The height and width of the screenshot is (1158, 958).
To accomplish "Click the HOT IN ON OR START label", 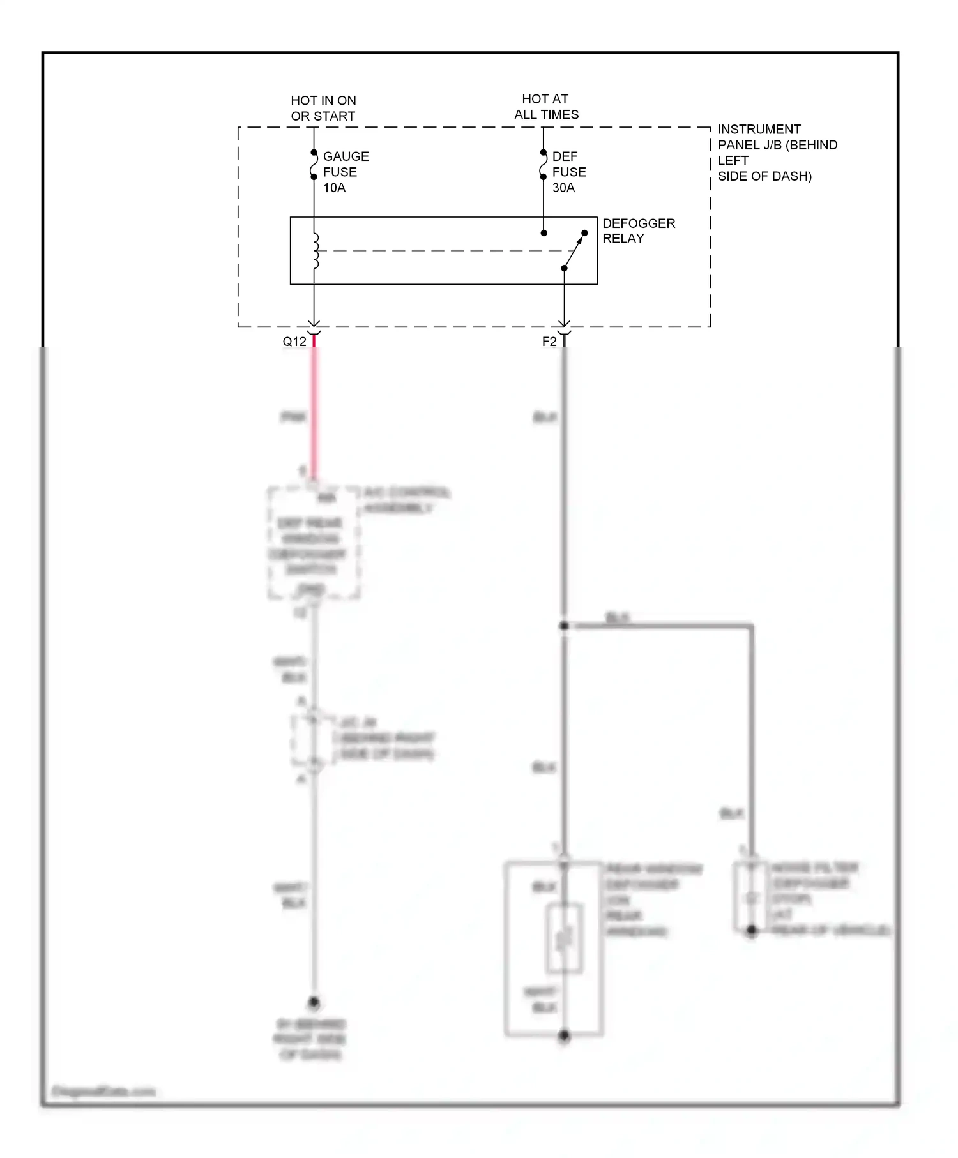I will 323,109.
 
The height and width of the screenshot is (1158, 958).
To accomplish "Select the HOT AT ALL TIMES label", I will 546,107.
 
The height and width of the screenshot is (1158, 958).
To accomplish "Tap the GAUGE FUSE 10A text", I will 345,172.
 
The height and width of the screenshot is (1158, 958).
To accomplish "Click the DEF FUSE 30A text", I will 568,172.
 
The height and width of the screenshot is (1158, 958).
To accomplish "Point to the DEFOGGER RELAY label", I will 637,230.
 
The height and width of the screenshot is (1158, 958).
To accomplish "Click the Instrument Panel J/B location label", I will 776,153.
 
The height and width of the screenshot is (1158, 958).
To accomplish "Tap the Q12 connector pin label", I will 294,342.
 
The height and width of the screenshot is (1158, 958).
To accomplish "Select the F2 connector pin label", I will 549,342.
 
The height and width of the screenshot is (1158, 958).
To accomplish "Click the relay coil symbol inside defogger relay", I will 315,251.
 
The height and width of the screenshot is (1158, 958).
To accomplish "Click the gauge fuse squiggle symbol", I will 314,165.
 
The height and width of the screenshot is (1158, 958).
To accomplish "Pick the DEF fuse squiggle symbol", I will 543,165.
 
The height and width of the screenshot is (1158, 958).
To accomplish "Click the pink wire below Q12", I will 314,415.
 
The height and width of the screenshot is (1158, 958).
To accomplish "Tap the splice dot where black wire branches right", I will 564,626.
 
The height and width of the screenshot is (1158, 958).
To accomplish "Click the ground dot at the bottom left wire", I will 314,1002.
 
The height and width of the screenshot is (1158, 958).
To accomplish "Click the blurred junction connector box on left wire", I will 313,741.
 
